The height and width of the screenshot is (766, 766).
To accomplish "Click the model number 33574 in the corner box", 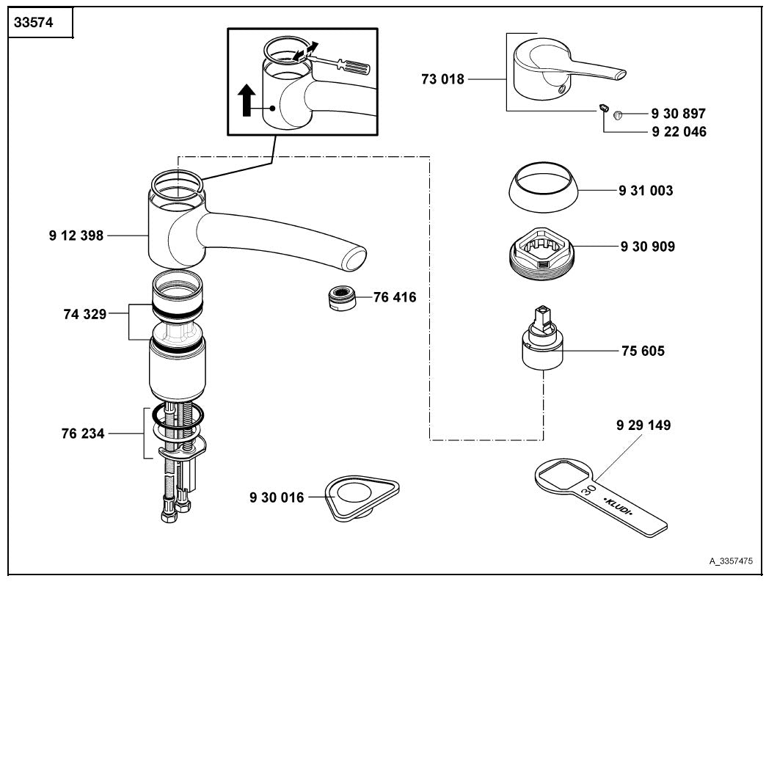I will (x=34, y=23).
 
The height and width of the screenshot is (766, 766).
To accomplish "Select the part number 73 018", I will (x=442, y=79).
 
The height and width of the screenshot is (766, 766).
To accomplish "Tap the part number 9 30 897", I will (x=678, y=114).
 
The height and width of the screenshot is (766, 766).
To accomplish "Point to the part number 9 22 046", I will (x=678, y=132).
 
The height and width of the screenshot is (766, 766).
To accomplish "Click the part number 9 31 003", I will (x=646, y=191).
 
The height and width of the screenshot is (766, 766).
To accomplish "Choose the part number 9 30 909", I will (x=647, y=247).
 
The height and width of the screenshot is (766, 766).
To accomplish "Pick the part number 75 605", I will (x=643, y=351).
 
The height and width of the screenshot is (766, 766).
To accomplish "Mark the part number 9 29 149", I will (x=643, y=425).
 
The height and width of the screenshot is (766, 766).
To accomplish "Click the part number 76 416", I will (x=394, y=297).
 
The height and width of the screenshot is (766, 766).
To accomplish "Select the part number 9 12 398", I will (x=76, y=236).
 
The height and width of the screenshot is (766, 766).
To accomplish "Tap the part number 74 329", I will (x=84, y=314).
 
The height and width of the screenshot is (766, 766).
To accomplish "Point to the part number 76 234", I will (x=83, y=434).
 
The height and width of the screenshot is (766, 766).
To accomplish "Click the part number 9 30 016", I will (x=277, y=497).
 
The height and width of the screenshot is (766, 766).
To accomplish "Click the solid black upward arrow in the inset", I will (x=248, y=99).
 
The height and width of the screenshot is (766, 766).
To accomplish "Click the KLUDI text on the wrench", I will (x=618, y=507).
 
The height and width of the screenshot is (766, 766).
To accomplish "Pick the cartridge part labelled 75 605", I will (x=541, y=342).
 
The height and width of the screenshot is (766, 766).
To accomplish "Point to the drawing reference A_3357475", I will (x=730, y=561).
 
